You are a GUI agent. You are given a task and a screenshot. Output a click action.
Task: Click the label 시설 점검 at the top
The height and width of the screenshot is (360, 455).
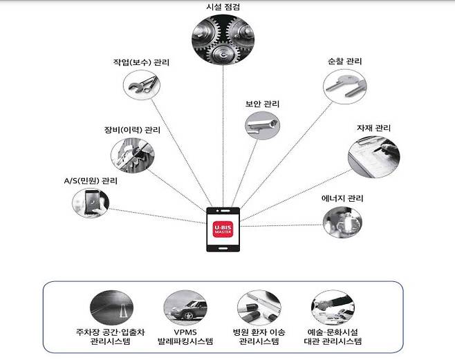pyautogui.click(x=223, y=7)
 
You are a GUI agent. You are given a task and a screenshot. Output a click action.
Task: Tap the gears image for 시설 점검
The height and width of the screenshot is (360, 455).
pyautogui.click(x=223, y=39)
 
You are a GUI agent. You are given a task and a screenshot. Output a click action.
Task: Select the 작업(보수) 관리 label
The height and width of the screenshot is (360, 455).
pyautogui.click(x=141, y=62)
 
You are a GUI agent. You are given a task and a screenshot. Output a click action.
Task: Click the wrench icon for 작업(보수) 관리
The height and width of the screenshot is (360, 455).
pyautogui.click(x=142, y=86)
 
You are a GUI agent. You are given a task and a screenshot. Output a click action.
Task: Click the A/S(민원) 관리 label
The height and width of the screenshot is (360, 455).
pyautogui.click(x=91, y=181)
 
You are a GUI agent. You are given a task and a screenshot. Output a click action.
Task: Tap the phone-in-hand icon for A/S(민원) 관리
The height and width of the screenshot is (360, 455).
pyautogui.click(x=91, y=203)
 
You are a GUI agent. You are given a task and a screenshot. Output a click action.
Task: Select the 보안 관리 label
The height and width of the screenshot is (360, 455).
pyautogui.click(x=262, y=104)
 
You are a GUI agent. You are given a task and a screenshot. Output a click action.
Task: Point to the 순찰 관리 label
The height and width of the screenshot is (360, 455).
pyautogui.click(x=344, y=61)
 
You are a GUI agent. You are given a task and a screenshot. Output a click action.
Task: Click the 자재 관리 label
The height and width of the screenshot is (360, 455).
pyautogui.click(x=373, y=129)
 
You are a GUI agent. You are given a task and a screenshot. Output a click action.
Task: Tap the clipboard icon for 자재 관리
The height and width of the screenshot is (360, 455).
pyautogui.click(x=373, y=153)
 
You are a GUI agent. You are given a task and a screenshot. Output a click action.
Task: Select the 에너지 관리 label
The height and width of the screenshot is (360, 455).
pyautogui.click(x=342, y=198)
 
